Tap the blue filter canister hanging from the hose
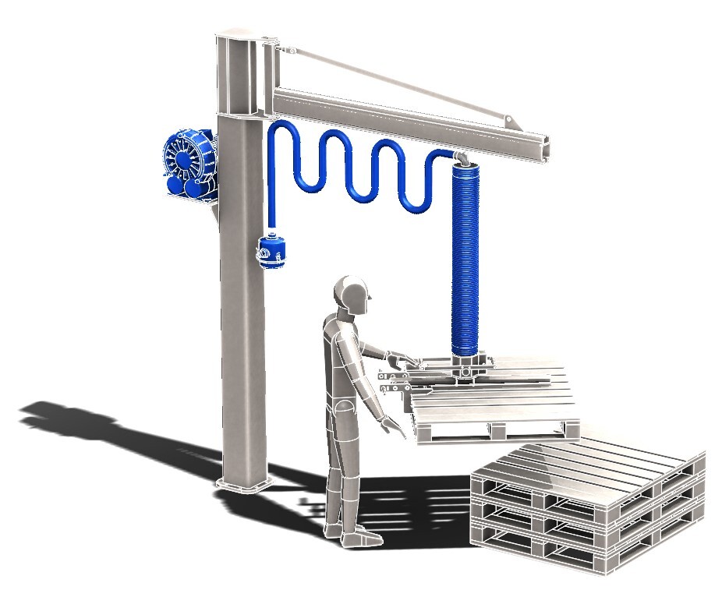pos(272,251)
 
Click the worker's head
pos(352,296)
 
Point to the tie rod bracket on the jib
pos(508,121)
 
